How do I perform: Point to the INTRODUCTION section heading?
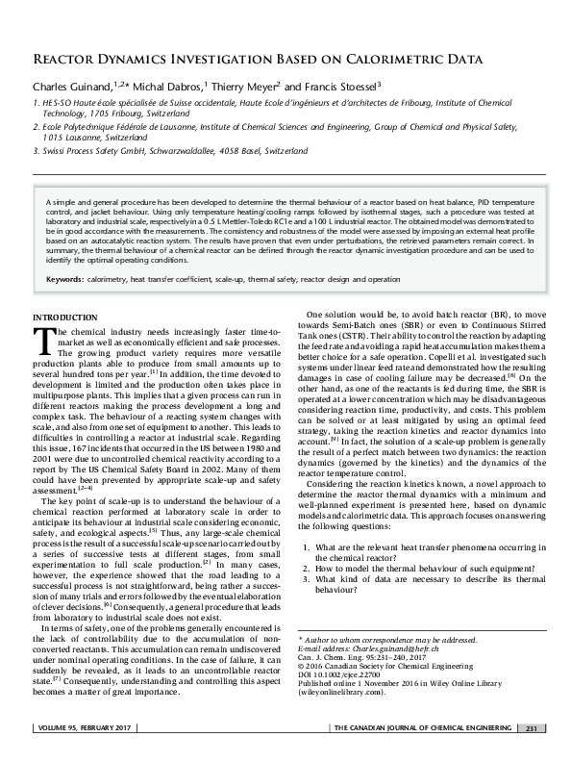[65, 317]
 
